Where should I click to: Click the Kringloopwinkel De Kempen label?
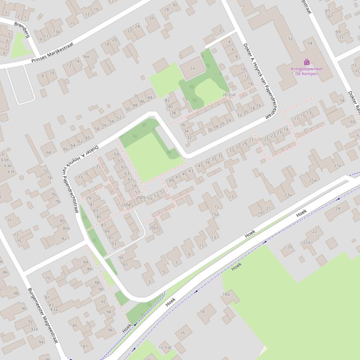pos(307,71)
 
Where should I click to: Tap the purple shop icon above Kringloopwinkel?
pos(307,62)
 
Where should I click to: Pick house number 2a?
pos(192,68)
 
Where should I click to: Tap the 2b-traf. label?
pos(229,95)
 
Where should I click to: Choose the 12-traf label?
pos(165,347)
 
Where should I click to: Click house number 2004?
pos(126,205)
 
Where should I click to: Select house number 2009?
pos(140,198)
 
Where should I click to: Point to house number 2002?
pos(154,228)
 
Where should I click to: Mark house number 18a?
pos(226,294)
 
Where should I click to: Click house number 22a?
pos(306,242)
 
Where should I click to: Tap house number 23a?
pos(287,195)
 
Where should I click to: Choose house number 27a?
pos(337,166)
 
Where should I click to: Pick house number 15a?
pos(214,214)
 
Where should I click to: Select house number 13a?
pos(57,32)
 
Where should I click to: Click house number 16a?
pos(85,57)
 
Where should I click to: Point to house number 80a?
pos(66,228)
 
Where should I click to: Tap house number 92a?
pos(34,329)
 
